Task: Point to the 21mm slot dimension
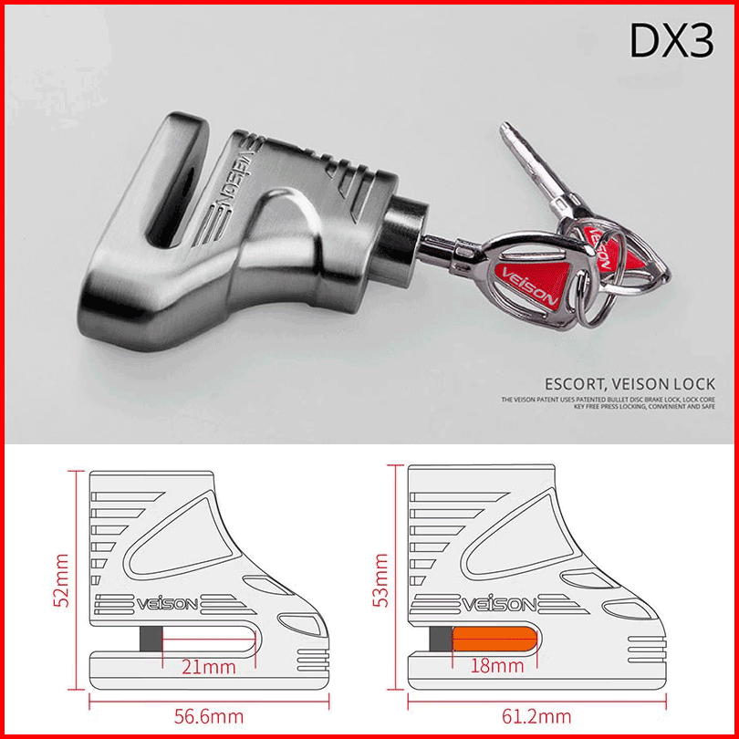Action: (x=208, y=667)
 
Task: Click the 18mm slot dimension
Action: (x=497, y=666)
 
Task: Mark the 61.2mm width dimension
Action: (x=536, y=716)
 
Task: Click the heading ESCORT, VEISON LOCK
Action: (x=630, y=384)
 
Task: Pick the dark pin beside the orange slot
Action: (x=442, y=641)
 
